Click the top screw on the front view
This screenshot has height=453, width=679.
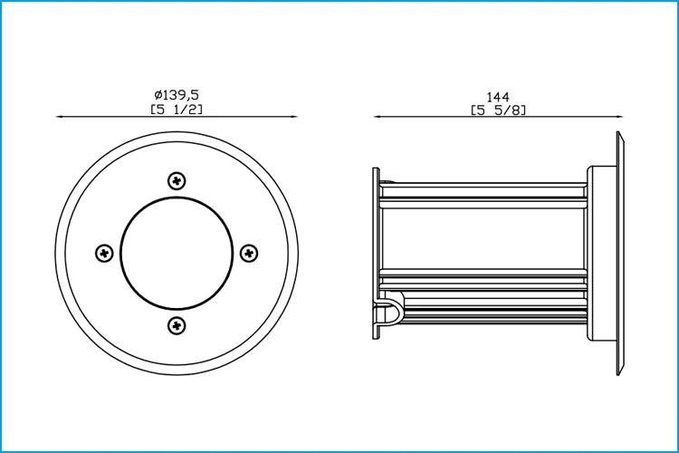point(177,181)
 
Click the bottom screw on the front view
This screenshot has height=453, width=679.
point(177,325)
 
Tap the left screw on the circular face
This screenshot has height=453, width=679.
point(104,253)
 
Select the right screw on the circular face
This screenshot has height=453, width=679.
point(249,253)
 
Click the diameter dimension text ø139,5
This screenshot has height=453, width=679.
point(177,94)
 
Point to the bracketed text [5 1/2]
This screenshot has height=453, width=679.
point(177,109)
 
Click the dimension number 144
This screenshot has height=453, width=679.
point(498,96)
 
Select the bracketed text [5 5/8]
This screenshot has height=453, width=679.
point(499,111)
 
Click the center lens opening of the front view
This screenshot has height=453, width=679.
point(177,253)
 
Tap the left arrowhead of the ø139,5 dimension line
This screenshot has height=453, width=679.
point(61,117)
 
